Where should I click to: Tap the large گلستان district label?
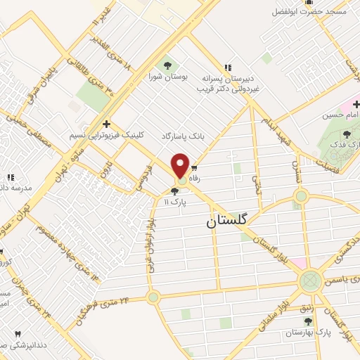[228, 220]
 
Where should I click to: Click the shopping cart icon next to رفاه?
[195, 169]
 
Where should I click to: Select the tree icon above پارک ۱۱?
[174, 191]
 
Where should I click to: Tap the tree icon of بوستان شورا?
[166, 65]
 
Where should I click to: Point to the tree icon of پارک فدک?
[347, 134]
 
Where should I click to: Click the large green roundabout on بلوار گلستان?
[309, 282]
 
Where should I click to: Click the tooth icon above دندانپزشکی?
[18, 334]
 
